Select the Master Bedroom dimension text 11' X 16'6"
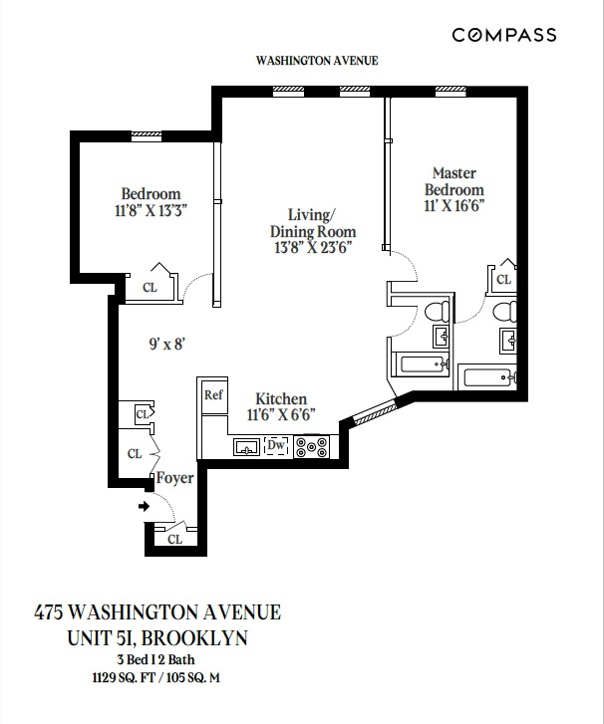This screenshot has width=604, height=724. tap(453, 206)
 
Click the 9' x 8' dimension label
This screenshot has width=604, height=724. tap(167, 344)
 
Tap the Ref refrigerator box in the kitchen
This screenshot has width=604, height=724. tap(212, 394)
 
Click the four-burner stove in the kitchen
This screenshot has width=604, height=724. tap(316, 447)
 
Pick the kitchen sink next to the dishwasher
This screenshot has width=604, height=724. tap(246, 447)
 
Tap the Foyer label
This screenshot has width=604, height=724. tap(174, 478)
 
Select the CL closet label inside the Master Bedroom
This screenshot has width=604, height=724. tap(503, 280)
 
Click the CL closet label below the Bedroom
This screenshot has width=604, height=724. tap(150, 288)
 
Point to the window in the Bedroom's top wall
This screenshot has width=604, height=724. tap(147, 135)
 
